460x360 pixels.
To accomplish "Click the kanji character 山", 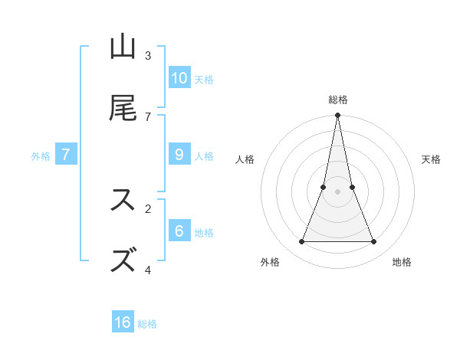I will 123,47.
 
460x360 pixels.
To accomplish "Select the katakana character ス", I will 123,199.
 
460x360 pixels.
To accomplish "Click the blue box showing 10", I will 179,78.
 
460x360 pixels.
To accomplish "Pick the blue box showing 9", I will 179,155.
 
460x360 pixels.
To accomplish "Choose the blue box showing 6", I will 179,231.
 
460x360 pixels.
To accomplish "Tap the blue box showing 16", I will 123,322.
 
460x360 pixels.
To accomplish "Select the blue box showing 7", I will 66,155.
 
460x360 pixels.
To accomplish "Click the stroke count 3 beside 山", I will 148,56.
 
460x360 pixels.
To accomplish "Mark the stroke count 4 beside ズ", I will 148,270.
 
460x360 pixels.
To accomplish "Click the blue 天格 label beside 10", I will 204,80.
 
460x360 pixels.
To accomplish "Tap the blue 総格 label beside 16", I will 147,324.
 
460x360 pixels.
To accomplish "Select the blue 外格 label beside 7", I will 41,156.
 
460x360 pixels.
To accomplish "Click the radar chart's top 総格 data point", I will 337,116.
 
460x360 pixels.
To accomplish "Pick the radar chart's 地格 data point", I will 374,242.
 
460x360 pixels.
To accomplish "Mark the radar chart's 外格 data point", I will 301,242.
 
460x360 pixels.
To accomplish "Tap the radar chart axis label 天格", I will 431,160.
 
